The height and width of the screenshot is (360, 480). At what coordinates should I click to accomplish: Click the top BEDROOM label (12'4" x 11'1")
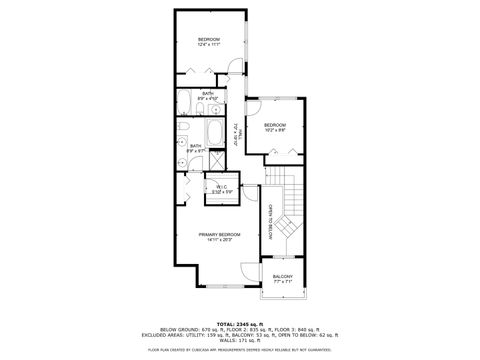[209, 41]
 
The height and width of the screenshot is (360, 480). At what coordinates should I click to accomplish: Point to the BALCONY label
[284, 278]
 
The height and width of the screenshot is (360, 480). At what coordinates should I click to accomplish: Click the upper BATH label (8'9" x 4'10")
[206, 96]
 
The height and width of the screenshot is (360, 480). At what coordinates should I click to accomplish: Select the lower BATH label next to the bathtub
[196, 148]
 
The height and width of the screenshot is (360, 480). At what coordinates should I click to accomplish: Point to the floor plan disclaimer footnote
[239, 350]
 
